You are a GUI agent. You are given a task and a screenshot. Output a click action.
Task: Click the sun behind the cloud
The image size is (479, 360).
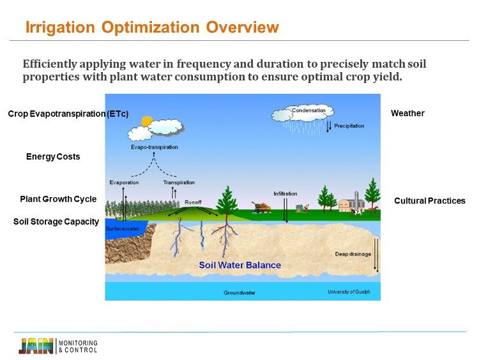(x=147, y=121)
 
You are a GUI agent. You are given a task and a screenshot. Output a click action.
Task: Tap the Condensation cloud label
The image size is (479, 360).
(x=308, y=110)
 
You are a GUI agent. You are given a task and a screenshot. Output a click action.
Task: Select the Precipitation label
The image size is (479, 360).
(x=349, y=126)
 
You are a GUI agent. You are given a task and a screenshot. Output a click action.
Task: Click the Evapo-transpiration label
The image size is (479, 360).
(x=155, y=147)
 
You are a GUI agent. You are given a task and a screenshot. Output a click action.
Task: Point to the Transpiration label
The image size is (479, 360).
(x=179, y=183)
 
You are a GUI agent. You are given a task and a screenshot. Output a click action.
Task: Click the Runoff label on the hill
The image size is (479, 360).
(x=193, y=202)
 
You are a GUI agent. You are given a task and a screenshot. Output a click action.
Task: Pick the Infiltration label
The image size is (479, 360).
(x=285, y=193)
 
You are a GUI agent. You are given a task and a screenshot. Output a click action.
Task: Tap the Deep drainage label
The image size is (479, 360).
(x=353, y=254)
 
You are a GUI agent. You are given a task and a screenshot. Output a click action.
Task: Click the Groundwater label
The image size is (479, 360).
(x=240, y=292)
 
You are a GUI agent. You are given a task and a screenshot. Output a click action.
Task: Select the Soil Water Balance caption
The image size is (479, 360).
(x=240, y=265)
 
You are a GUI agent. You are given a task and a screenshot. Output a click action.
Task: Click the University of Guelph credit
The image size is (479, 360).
(x=349, y=292)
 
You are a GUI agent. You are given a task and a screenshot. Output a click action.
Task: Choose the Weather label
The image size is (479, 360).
(x=407, y=113)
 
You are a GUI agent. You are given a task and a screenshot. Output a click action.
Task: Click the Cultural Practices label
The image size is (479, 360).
(x=430, y=200)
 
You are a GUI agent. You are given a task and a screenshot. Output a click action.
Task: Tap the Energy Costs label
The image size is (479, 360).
(x=53, y=156)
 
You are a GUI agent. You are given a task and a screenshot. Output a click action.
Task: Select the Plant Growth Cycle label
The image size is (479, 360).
(x=58, y=199)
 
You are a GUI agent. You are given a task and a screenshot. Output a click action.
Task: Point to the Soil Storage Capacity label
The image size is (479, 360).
(x=56, y=221)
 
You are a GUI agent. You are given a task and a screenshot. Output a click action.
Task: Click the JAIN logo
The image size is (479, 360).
(x=36, y=346)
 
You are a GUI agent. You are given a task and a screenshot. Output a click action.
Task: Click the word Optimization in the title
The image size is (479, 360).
(x=150, y=27)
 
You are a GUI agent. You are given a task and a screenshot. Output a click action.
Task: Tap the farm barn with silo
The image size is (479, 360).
(x=351, y=203)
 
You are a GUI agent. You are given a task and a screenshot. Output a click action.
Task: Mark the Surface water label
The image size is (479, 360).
(x=122, y=229)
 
